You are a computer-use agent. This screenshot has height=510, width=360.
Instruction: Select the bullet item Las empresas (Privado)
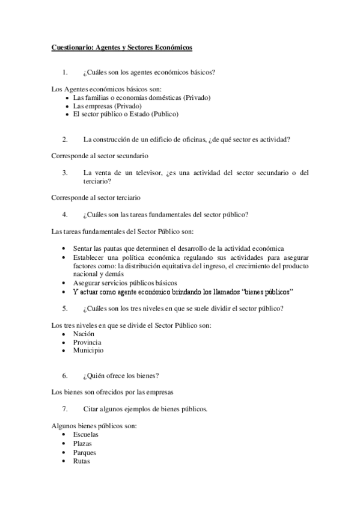click(x=107, y=105)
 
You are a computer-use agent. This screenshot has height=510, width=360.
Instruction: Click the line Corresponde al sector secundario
click(x=99, y=156)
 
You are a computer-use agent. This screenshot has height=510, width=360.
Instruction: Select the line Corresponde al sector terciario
click(x=96, y=197)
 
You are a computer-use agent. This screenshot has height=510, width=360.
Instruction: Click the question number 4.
click(x=65, y=214)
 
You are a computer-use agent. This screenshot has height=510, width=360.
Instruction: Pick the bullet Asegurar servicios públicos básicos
click(x=125, y=283)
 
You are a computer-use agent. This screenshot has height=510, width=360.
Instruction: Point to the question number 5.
click(x=65, y=309)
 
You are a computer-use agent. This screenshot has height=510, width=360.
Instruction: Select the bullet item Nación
click(x=84, y=333)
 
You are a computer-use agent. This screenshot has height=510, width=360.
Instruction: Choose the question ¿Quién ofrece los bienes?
click(x=121, y=376)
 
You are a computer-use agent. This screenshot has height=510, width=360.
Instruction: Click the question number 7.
click(x=65, y=409)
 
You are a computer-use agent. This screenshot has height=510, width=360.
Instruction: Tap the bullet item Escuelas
click(x=86, y=434)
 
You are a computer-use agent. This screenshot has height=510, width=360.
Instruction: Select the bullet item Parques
click(x=85, y=452)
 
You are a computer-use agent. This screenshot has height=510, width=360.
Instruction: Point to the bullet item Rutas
click(x=82, y=461)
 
